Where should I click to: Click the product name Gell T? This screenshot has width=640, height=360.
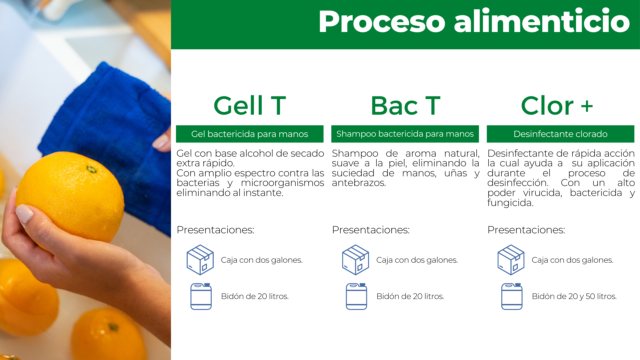click(x=250, y=106)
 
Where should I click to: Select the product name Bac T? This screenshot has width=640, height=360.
click(x=405, y=106)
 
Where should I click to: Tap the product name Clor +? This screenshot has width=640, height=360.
click(x=557, y=106)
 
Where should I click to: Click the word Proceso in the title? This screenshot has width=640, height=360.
click(x=382, y=22)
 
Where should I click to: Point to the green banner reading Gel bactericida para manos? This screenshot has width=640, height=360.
click(x=250, y=134)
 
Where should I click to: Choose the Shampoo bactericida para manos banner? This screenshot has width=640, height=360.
click(x=405, y=134)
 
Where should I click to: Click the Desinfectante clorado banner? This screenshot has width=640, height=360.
click(x=560, y=134)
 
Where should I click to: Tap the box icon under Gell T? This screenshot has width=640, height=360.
click(x=200, y=260)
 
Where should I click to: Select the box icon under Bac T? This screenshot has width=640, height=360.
click(x=355, y=260)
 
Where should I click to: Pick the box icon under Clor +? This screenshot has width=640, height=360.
click(x=511, y=260)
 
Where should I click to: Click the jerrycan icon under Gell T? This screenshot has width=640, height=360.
click(x=201, y=296)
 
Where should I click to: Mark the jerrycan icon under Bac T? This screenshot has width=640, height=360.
click(x=356, y=296)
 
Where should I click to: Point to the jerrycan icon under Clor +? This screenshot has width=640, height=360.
click(x=512, y=296)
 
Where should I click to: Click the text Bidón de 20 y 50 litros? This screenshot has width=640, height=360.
click(x=574, y=296)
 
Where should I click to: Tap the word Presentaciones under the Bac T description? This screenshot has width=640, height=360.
click(x=371, y=230)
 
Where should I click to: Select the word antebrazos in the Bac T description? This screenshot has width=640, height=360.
click(x=359, y=183)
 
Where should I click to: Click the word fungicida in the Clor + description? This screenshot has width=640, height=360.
click(x=510, y=203)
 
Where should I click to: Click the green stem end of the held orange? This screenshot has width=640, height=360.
click(x=91, y=169)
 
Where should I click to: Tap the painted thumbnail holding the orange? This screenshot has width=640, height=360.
click(x=24, y=213)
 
